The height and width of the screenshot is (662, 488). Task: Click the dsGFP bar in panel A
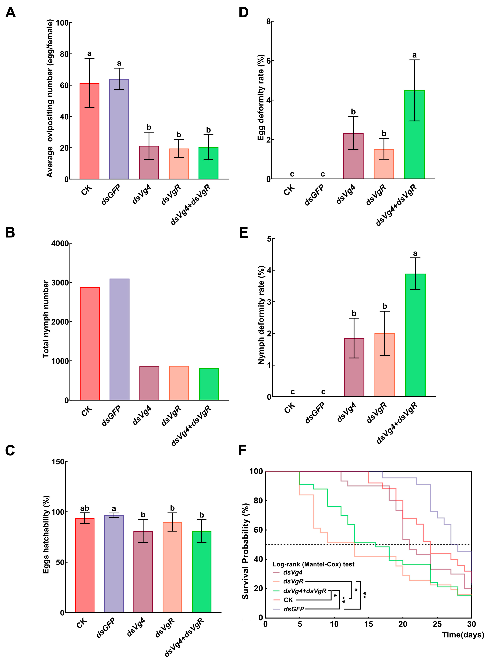[x=119, y=129]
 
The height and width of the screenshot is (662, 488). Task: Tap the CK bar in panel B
[x=89, y=344]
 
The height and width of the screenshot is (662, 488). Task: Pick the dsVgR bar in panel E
[x=385, y=365]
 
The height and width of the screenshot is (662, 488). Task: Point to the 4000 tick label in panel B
[x=60, y=244]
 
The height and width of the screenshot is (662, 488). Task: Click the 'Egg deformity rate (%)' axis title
[x=261, y=97]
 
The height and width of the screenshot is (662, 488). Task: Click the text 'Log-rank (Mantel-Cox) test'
[x=313, y=564]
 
